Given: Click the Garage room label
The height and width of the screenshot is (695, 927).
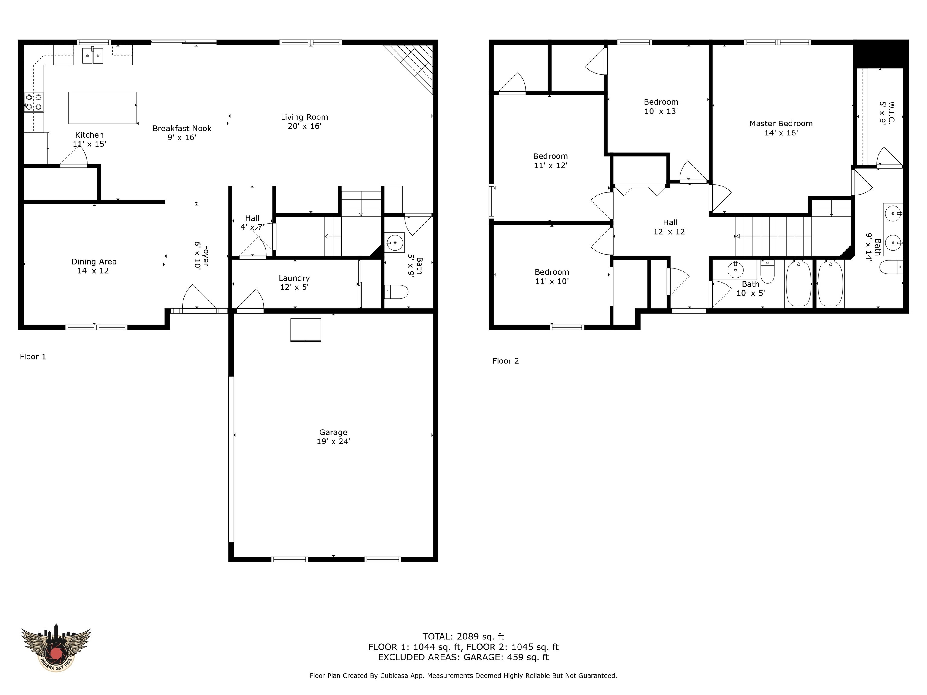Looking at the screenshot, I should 333,436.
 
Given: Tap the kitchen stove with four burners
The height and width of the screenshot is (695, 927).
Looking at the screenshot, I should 34,102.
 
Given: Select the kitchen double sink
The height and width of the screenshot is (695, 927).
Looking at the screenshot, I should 92,55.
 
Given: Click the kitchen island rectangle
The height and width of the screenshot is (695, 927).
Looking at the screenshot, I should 102,108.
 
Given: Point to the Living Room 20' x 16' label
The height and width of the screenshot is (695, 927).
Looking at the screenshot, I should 304,122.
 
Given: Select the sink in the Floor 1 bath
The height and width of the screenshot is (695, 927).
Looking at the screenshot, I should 394,242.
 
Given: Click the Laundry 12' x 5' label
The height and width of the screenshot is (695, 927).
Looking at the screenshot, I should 294,282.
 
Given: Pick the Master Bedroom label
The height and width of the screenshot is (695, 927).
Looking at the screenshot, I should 781,128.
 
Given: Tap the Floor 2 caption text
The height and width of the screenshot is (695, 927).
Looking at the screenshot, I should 505,361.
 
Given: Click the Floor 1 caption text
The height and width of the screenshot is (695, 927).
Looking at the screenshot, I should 33,357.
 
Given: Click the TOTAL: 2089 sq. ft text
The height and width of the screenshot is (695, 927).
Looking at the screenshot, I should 463,637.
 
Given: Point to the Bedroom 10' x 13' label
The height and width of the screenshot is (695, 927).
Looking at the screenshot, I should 661,106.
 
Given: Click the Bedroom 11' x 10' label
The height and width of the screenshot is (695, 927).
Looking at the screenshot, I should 552,277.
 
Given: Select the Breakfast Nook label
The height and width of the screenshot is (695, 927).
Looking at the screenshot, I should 182,133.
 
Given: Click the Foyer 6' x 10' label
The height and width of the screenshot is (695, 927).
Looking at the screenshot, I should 202,255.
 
